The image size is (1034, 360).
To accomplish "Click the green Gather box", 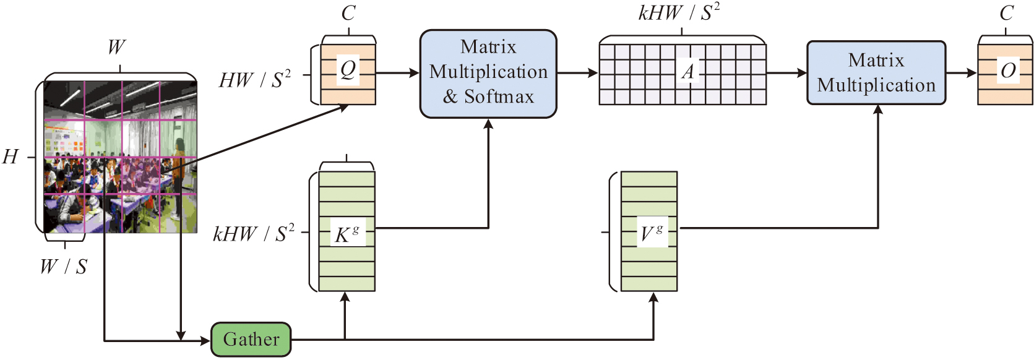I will point(251,339).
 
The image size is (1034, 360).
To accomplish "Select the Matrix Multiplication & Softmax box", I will point(488,73).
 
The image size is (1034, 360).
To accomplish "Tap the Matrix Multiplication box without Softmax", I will point(876,73).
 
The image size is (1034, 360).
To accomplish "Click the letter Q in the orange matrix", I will point(348,70).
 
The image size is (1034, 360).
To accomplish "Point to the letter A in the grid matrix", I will point(687,72).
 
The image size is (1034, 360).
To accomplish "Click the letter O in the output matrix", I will point(1008,71).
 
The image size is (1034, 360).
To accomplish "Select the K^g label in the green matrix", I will point(347,234).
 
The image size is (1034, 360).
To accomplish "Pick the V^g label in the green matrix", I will point(652,233).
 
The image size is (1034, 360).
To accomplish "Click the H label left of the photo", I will point(11,156).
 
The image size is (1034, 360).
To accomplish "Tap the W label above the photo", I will point(116,48).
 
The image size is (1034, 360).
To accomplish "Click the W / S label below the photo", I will point(64,267).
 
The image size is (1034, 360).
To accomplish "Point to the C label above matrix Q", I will point(348,13).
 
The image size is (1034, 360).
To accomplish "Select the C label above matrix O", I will point(1007,13).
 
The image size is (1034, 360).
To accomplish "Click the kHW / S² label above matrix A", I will point(679,12).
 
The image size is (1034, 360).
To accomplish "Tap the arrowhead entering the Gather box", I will point(206,340).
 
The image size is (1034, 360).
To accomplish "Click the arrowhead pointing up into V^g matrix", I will point(653,298).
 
